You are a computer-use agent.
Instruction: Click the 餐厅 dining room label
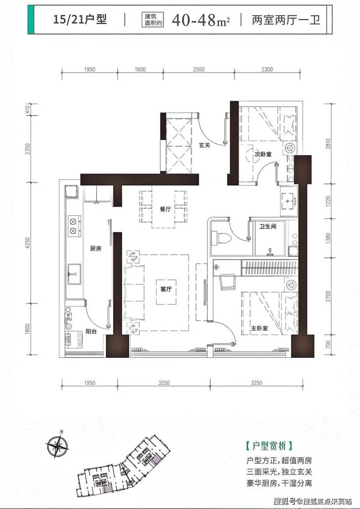pyautogui.click(x=165, y=210)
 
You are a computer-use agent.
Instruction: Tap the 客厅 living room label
pyautogui.click(x=166, y=289)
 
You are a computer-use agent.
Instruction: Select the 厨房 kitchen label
pyautogui.click(x=95, y=248)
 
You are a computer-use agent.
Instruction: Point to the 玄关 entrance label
pyautogui.click(x=204, y=145)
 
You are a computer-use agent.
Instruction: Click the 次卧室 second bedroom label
pyautogui.click(x=263, y=154)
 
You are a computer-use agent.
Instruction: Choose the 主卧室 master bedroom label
pyautogui.click(x=259, y=328)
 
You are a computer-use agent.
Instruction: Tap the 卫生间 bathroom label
pyautogui.click(x=268, y=226)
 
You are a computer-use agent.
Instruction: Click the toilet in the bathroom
pyautogui.click(x=220, y=238)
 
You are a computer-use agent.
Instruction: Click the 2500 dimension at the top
pyautogui.click(x=198, y=69)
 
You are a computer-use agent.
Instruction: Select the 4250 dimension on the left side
pyautogui.click(x=27, y=243)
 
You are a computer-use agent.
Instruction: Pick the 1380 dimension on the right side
pyautogui.click(x=328, y=238)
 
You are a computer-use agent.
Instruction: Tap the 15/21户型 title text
pyautogui.click(x=80, y=20)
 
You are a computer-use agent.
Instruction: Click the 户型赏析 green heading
pyautogui.click(x=270, y=446)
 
